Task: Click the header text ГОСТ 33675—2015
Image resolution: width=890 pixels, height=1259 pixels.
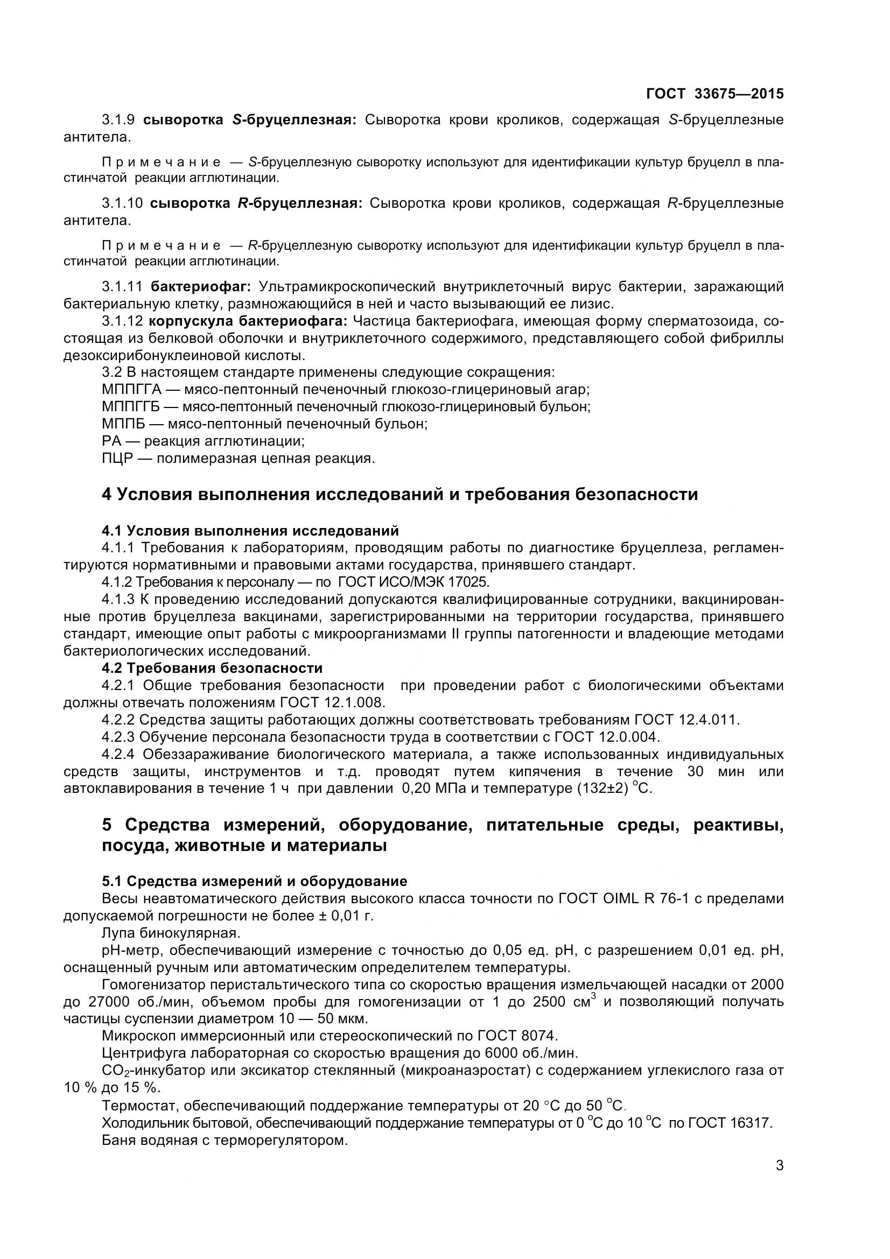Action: [714, 94]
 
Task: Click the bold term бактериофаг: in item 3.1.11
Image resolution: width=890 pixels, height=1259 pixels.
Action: [201, 286]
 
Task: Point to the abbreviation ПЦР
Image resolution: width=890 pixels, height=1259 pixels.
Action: [117, 458]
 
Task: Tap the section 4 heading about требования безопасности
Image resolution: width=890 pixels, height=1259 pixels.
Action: [400, 494]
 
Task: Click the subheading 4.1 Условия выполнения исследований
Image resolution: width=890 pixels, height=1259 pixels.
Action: [250, 530]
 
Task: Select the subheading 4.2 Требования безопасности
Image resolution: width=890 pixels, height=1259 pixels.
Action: [212, 668]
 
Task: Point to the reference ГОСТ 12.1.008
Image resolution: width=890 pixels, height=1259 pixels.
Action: [333, 702]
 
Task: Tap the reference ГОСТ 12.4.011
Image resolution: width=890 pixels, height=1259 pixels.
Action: [686, 720]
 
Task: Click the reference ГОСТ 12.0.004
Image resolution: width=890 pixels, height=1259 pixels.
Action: [607, 736]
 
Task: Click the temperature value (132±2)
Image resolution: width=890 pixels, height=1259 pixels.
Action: [602, 789]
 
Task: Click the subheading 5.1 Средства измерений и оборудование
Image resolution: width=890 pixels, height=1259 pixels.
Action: [255, 881]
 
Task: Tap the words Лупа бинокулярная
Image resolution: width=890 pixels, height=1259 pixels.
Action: [171, 933]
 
